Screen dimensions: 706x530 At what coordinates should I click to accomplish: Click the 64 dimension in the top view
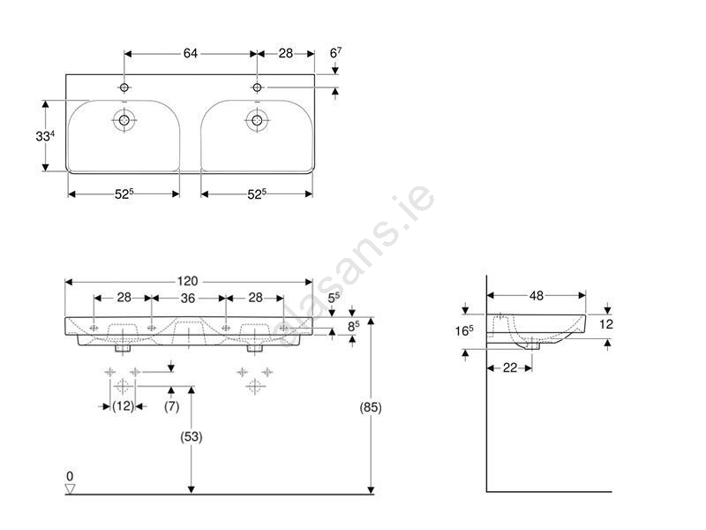click(x=190, y=53)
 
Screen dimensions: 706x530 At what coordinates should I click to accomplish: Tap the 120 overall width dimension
click(x=187, y=281)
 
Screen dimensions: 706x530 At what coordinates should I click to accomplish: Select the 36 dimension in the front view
click(x=188, y=298)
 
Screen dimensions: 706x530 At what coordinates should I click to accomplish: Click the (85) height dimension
click(x=371, y=407)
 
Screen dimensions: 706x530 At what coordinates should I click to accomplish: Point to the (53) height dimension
click(x=192, y=436)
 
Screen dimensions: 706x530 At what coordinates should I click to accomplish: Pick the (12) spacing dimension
click(x=123, y=406)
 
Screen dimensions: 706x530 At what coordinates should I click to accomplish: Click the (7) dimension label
click(x=171, y=406)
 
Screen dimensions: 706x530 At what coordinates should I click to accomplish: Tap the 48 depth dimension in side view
click(x=537, y=296)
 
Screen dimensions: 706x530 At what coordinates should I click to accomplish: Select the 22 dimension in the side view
click(x=510, y=367)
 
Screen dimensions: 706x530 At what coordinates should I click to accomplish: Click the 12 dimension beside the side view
click(x=606, y=324)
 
